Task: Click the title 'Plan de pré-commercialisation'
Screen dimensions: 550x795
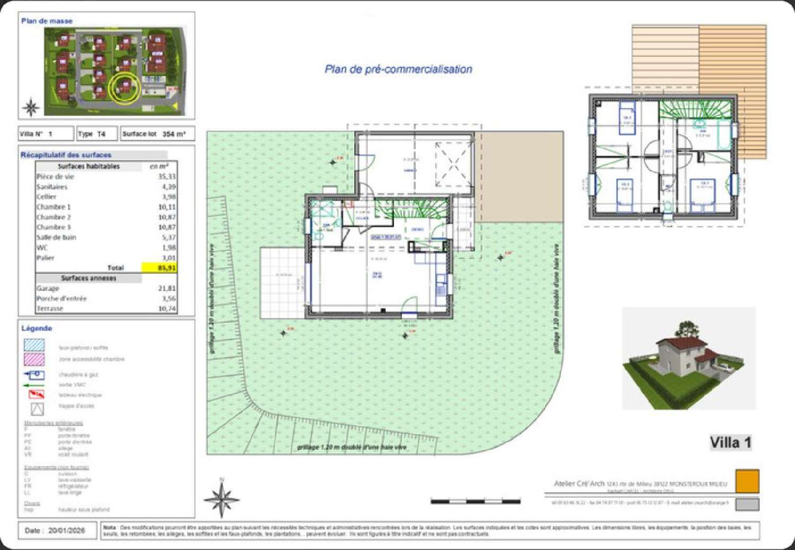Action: pos(398,69)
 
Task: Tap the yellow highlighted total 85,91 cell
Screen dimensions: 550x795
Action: pos(159,268)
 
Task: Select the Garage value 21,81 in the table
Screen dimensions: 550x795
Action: pos(166,288)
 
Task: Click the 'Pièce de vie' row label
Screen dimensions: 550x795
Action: pos(55,177)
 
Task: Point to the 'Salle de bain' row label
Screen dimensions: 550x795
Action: pos(56,237)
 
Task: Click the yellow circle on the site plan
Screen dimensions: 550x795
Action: pos(125,88)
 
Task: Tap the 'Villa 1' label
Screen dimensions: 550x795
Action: pos(730,442)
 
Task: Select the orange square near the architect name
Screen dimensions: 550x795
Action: pos(747,481)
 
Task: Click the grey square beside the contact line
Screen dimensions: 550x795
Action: pos(747,504)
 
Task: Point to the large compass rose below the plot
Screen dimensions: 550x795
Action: pos(222,498)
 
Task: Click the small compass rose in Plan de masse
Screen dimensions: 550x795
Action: pos(31,107)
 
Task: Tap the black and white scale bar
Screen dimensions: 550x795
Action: pos(475,501)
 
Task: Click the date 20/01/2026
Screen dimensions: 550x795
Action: pos(66,530)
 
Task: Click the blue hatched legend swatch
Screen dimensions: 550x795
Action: pos(34,345)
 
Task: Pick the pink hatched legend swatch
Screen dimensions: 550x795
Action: pos(34,359)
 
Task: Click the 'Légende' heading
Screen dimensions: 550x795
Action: pos(37,328)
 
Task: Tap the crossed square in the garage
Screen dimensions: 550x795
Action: pos(453,164)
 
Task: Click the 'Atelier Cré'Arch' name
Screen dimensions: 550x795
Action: pos(579,483)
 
